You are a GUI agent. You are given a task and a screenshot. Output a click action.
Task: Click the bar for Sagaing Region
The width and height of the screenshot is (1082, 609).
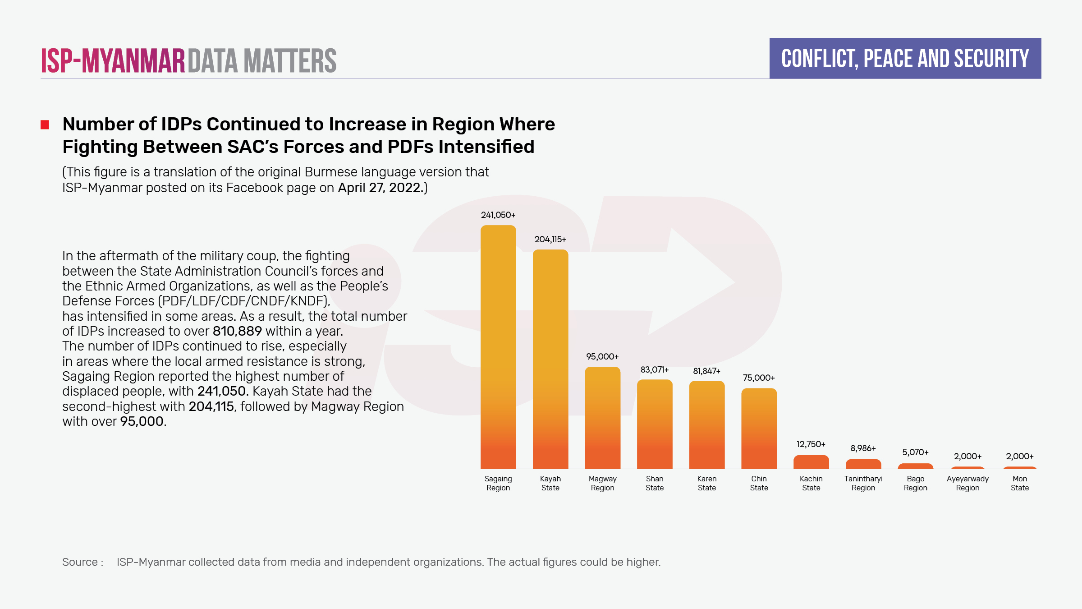(498, 347)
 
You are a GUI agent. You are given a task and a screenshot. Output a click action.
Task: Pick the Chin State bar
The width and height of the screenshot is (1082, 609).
(759, 429)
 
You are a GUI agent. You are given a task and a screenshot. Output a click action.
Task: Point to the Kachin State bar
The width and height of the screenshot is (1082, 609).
(811, 462)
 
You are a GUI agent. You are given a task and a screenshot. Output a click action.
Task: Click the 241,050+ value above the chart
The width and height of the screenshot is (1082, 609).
(498, 215)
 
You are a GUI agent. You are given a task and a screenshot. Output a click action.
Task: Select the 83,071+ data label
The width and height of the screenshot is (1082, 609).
(655, 370)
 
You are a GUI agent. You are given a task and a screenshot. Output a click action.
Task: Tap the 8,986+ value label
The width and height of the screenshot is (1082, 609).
(863, 448)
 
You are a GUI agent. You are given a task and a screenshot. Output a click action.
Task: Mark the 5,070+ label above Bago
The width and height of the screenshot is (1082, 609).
(915, 452)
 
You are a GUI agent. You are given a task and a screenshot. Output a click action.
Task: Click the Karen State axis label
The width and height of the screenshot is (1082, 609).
(707, 483)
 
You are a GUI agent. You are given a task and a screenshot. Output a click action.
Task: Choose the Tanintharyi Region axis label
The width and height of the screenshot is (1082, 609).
(863, 483)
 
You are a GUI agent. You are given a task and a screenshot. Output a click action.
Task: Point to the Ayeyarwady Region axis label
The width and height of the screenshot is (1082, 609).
(967, 483)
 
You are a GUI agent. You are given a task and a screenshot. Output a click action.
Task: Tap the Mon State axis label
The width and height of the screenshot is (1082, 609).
(1020, 483)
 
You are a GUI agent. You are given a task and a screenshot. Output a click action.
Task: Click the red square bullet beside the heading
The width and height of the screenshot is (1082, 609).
(45, 125)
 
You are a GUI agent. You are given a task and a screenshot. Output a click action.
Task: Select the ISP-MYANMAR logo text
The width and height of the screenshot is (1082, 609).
(113, 61)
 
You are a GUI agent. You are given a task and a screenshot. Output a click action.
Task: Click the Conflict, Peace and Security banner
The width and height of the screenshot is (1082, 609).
(905, 59)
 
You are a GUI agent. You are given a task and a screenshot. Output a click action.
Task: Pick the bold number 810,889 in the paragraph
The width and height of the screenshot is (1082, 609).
(237, 331)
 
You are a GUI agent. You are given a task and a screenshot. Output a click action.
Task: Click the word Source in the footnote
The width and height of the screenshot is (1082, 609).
(80, 562)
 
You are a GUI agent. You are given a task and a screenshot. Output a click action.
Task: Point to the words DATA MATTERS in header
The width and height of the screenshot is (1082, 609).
(262, 61)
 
